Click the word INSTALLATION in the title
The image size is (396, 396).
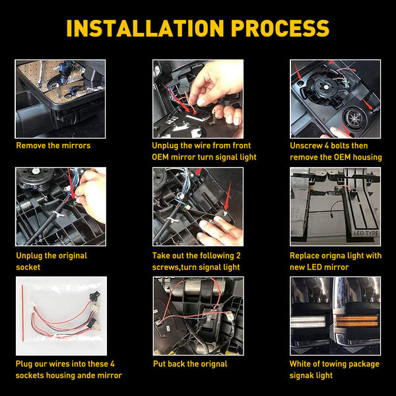pos(145,28)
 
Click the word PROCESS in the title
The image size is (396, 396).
pos(280,28)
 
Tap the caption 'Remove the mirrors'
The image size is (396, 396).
pos(53,145)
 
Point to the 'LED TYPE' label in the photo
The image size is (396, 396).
pos(366,234)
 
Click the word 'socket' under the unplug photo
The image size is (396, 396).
pos(28,267)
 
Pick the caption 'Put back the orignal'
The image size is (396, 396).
pos(190,364)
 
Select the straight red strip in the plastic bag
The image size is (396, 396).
pos(22,313)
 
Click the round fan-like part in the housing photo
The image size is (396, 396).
pos(353,117)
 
